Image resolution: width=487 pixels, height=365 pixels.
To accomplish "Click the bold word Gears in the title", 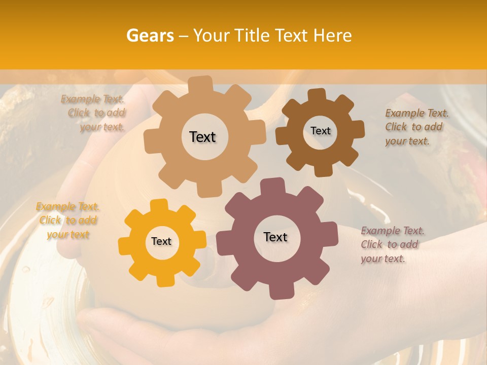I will click(x=150, y=35).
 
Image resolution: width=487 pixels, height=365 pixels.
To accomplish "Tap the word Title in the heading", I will click(x=251, y=35).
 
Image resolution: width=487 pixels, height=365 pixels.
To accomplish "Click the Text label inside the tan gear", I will click(x=202, y=137).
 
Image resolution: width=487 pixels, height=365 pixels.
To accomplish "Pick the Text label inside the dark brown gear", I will click(x=320, y=131).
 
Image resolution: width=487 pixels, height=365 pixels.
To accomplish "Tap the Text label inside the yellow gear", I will click(x=161, y=242).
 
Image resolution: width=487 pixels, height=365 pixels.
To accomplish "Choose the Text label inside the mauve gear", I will click(x=275, y=237).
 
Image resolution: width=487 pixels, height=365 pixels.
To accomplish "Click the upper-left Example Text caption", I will click(x=94, y=113).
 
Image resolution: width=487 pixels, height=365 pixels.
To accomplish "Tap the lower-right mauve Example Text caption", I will click(x=392, y=244).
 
